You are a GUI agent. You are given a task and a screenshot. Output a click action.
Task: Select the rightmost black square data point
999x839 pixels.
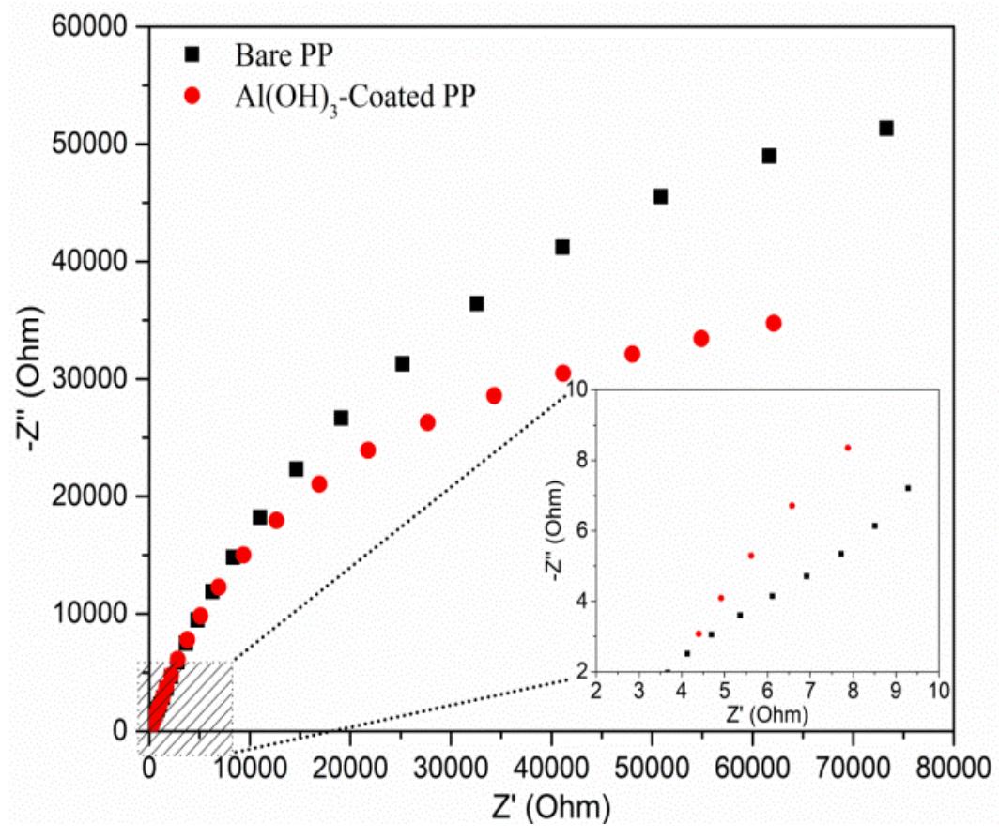tap(885, 129)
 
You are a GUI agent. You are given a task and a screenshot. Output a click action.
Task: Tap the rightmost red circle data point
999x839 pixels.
tap(774, 323)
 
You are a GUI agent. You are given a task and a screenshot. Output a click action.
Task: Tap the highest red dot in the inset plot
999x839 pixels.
tap(848, 448)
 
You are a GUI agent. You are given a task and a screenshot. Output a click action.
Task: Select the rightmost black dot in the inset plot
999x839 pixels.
tap(908, 487)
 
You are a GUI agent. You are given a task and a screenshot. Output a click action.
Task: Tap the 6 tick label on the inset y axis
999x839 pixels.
tap(582, 530)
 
